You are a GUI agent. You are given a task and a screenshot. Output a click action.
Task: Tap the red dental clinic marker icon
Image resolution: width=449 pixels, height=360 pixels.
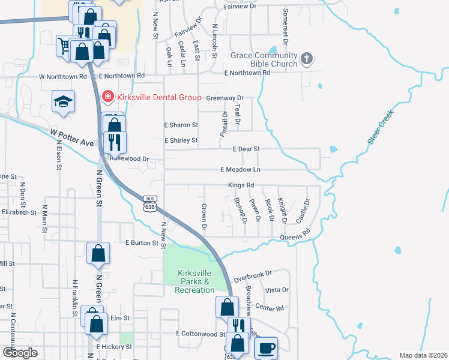(108, 96)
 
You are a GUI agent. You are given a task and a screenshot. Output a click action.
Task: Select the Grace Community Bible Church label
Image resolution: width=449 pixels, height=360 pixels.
(264, 60)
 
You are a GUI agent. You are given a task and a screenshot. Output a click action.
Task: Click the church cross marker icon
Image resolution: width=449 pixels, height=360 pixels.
(307, 58)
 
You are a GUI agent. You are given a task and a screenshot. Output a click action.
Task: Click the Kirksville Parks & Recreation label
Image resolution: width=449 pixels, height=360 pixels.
(194, 281)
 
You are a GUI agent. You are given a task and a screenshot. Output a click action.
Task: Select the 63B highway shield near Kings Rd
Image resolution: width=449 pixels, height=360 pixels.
(149, 203)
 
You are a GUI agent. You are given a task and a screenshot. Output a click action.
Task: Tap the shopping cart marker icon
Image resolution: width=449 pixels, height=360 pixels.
(65, 45)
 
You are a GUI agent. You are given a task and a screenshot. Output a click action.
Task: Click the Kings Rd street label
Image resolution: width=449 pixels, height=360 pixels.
(241, 185)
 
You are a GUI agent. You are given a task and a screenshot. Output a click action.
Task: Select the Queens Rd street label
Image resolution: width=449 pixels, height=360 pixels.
(295, 236)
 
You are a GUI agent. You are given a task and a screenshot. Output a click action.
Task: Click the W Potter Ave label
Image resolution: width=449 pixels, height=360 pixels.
(72, 138)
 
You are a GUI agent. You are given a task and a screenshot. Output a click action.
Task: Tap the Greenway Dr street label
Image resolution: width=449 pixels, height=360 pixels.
(224, 98)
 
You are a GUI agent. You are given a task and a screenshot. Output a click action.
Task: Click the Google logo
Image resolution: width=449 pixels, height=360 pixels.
(20, 353)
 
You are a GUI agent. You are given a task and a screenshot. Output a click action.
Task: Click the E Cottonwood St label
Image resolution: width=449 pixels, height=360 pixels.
(200, 333)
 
